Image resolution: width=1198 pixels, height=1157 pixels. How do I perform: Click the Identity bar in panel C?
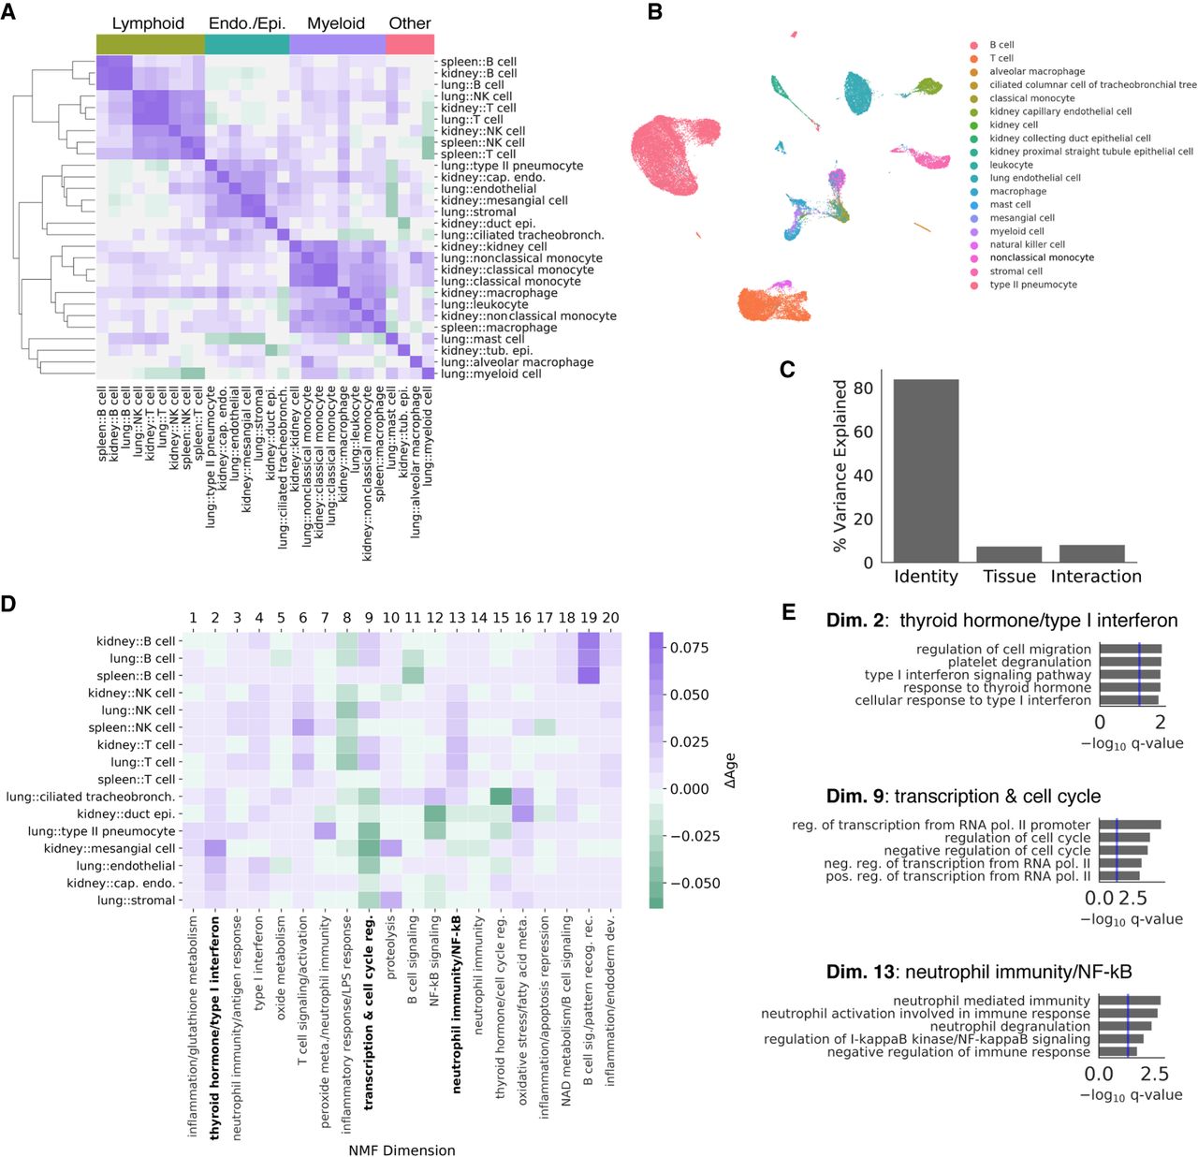click(927, 470)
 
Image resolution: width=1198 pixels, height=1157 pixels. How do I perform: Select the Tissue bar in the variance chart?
click(1009, 553)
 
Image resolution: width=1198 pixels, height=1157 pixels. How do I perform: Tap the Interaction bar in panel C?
click(1091, 552)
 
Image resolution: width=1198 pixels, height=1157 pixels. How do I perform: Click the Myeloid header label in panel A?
click(336, 23)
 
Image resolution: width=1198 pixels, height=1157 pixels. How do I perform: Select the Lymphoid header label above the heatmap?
click(148, 23)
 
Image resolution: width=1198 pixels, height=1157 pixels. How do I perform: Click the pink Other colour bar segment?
click(410, 45)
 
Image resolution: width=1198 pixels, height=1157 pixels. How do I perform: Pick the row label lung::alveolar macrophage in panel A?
click(517, 362)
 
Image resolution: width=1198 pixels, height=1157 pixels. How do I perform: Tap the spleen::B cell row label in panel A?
click(478, 61)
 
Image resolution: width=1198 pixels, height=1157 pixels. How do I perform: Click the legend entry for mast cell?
click(1010, 204)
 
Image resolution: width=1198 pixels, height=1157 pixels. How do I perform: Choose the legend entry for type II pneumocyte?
click(1032, 285)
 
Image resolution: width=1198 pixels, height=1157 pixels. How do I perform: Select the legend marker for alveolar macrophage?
click(974, 71)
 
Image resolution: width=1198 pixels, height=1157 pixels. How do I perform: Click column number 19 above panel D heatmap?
click(589, 618)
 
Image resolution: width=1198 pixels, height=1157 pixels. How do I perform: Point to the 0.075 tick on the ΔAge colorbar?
click(688, 647)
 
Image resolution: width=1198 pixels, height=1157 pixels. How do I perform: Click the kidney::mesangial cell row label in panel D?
click(110, 848)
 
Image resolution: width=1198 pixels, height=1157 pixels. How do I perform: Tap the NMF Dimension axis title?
click(402, 1150)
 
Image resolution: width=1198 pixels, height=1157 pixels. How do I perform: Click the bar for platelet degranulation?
click(1130, 662)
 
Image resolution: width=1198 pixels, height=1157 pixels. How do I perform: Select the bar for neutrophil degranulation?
click(1124, 1026)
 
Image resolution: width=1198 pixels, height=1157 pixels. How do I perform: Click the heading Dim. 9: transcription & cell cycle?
click(963, 797)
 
